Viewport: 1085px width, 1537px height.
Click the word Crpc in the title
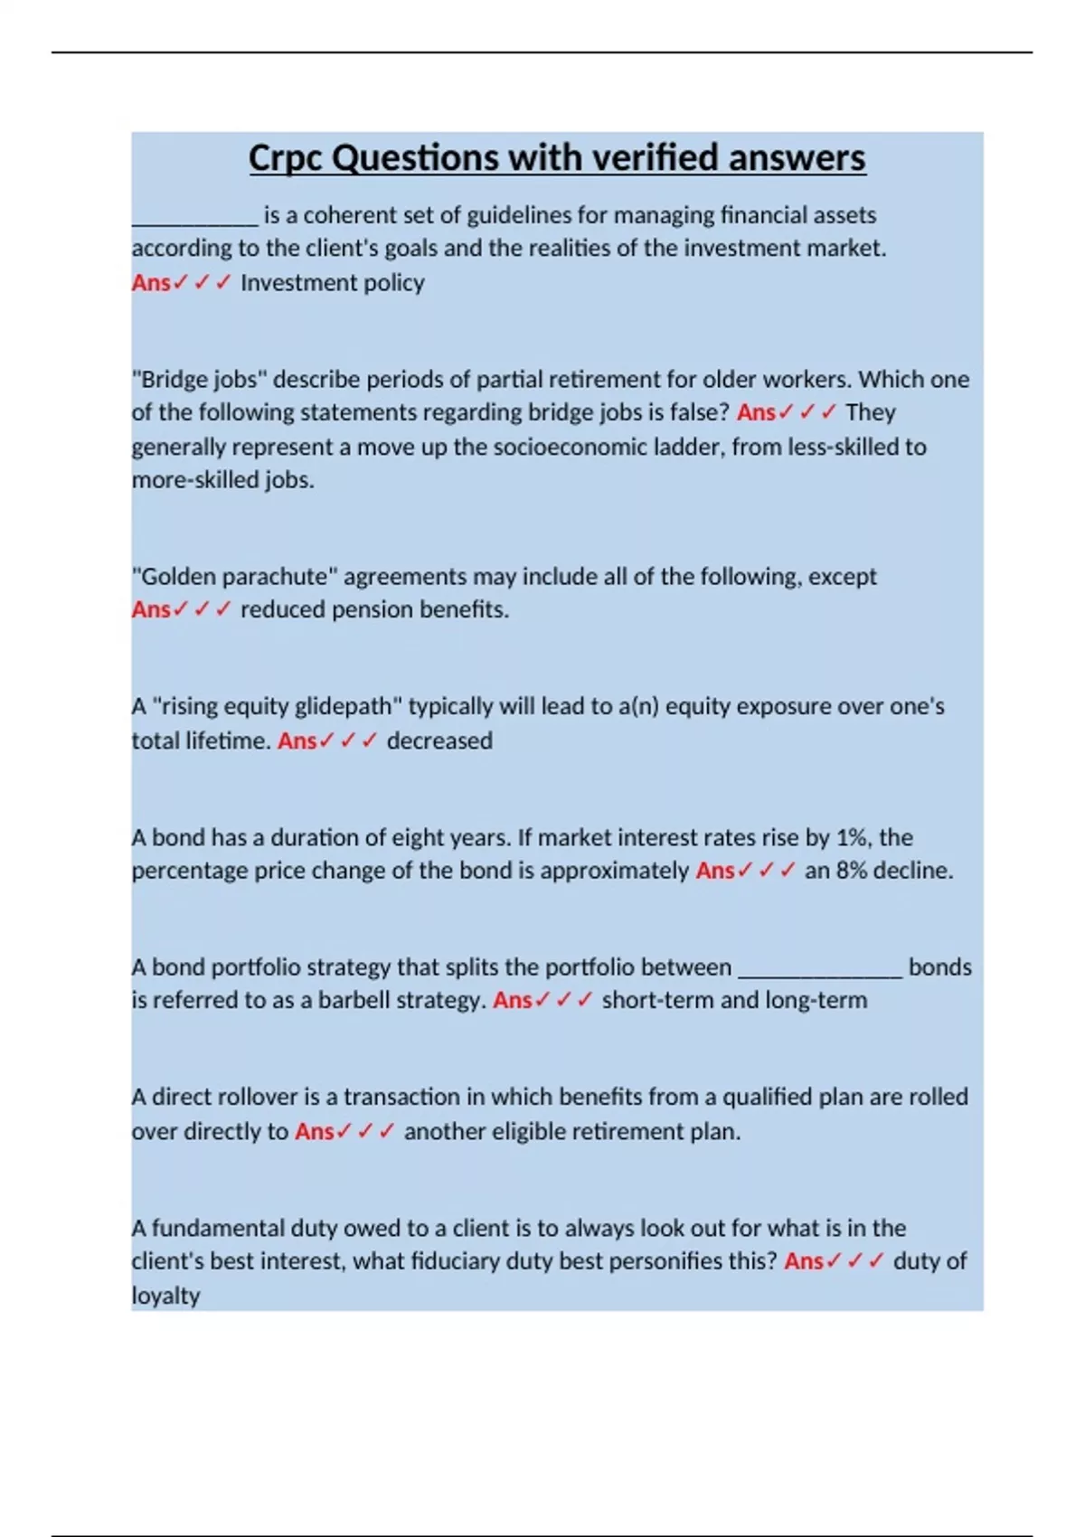pos(286,158)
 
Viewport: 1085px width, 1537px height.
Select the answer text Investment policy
pos(332,283)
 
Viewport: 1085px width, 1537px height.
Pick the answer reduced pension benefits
pos(374,610)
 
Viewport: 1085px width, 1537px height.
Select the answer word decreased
pos(439,740)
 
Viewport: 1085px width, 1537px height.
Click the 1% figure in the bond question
pos(852,837)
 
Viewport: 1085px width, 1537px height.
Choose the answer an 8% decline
pos(878,871)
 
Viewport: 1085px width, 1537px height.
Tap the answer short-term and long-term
pos(734,1001)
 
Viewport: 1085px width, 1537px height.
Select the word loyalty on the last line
pos(165,1296)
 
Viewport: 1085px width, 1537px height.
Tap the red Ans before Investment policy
pos(151,283)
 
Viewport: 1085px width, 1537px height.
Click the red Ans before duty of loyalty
pos(804,1261)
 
